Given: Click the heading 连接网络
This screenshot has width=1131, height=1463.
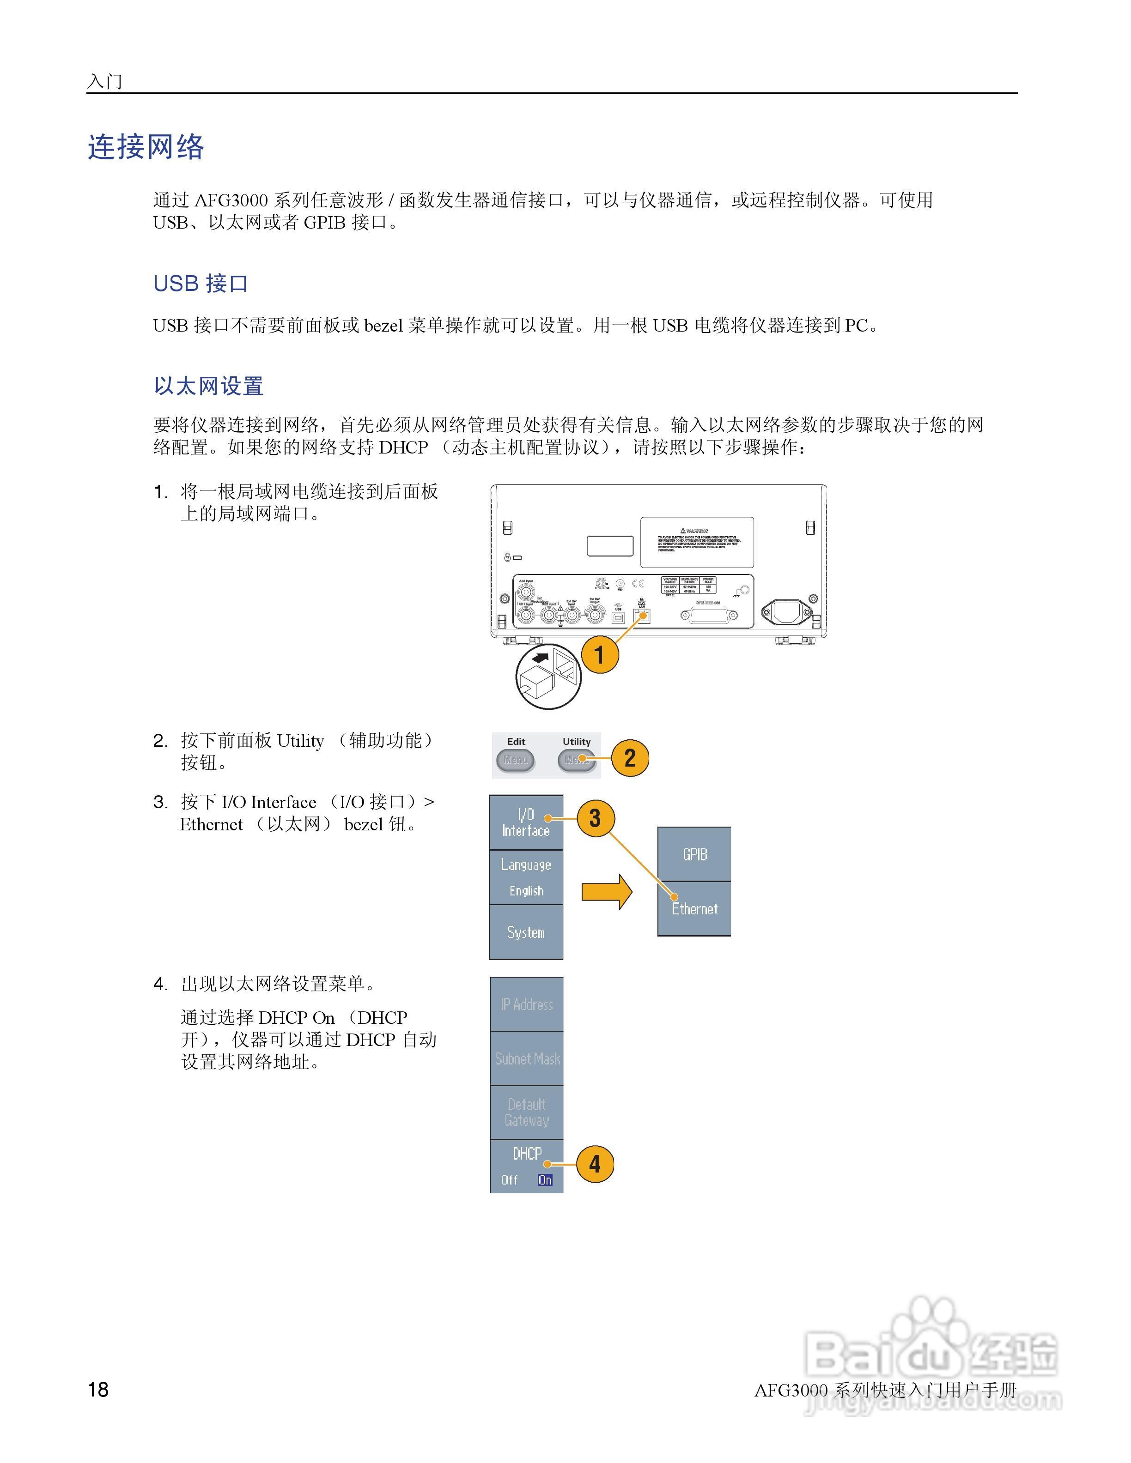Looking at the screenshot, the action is [146, 147].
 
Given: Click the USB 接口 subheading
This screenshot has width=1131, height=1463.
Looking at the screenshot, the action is [201, 284].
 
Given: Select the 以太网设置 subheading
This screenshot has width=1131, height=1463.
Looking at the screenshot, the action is [208, 386].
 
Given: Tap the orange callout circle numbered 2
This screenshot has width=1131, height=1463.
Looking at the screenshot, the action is [630, 758].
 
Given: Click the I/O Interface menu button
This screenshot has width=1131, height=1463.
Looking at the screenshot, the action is [526, 822].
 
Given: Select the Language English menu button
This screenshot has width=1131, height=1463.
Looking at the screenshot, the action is [526, 877].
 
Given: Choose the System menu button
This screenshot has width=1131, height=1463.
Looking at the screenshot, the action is [526, 932].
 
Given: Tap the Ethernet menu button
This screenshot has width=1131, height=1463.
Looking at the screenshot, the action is [694, 909].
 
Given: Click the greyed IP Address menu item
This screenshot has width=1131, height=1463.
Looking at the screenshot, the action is [527, 1004].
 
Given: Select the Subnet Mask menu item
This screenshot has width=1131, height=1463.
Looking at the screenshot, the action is [527, 1058].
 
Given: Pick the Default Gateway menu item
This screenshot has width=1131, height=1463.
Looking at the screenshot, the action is [527, 1112].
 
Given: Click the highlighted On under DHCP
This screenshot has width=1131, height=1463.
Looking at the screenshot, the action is [545, 1179].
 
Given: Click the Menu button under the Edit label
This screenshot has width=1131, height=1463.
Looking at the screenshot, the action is [515, 760].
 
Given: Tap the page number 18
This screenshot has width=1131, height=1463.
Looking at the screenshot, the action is [98, 1389].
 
